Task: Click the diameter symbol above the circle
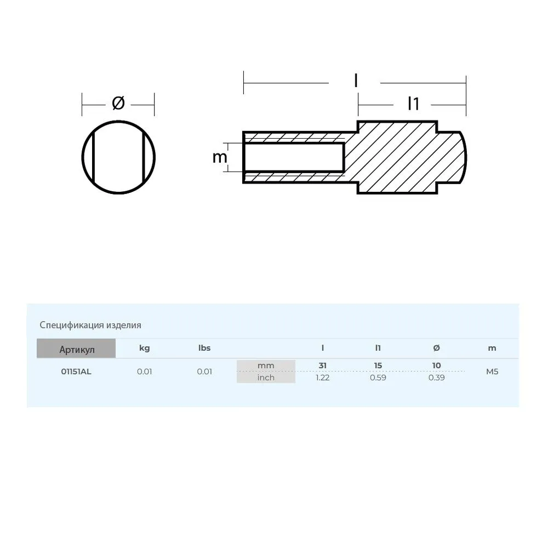[x=118, y=103]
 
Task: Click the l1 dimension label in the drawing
[x=413, y=104]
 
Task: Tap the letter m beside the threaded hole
[x=220, y=157]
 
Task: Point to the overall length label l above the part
[x=356, y=81]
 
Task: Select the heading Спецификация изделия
[x=90, y=325]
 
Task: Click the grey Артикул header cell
[x=76, y=349]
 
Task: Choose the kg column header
[x=144, y=348]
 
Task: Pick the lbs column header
[x=204, y=348]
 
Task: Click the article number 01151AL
[x=76, y=372]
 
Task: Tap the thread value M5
[x=492, y=372]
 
